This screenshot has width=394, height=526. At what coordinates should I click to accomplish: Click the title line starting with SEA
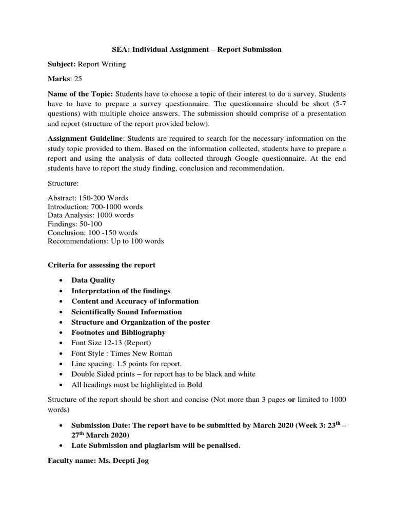[x=196, y=50]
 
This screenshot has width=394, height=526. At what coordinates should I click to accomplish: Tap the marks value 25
[x=77, y=79]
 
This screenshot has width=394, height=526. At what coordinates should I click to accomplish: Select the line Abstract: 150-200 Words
[x=87, y=198]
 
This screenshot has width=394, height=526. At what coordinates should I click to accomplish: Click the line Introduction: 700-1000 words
[x=95, y=207]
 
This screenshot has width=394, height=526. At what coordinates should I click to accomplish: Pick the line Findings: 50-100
[x=75, y=224]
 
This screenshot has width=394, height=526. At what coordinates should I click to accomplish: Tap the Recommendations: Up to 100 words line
[x=106, y=241]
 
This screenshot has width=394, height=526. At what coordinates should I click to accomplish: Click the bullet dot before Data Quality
[x=61, y=280]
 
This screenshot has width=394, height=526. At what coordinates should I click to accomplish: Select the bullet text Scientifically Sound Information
[x=126, y=312]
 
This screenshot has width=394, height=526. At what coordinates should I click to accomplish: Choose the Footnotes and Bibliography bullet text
[x=118, y=332]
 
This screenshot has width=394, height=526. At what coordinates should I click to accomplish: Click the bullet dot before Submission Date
[x=61, y=426]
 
